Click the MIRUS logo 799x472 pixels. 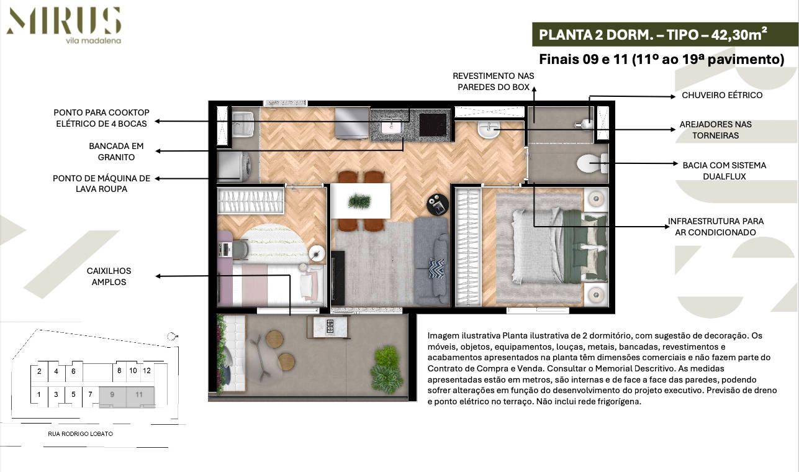63,22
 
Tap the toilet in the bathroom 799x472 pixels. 590,164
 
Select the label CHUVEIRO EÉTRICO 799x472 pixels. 722,95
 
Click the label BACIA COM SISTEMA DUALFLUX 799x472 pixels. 724,171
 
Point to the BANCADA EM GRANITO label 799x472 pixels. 116,152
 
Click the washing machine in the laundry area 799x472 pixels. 237,166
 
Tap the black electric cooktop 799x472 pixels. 433,124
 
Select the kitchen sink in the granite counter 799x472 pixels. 392,127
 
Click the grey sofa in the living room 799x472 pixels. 431,261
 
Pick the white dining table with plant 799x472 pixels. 360,201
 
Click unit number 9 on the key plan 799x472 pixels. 112,394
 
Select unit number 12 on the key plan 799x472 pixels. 147,371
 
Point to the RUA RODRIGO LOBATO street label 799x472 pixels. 80,434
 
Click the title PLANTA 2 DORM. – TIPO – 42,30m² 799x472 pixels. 652,35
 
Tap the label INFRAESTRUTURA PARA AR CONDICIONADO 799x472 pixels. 715,227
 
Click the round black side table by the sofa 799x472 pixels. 437,204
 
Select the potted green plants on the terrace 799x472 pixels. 386,370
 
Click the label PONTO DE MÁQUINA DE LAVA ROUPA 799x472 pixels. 101,183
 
